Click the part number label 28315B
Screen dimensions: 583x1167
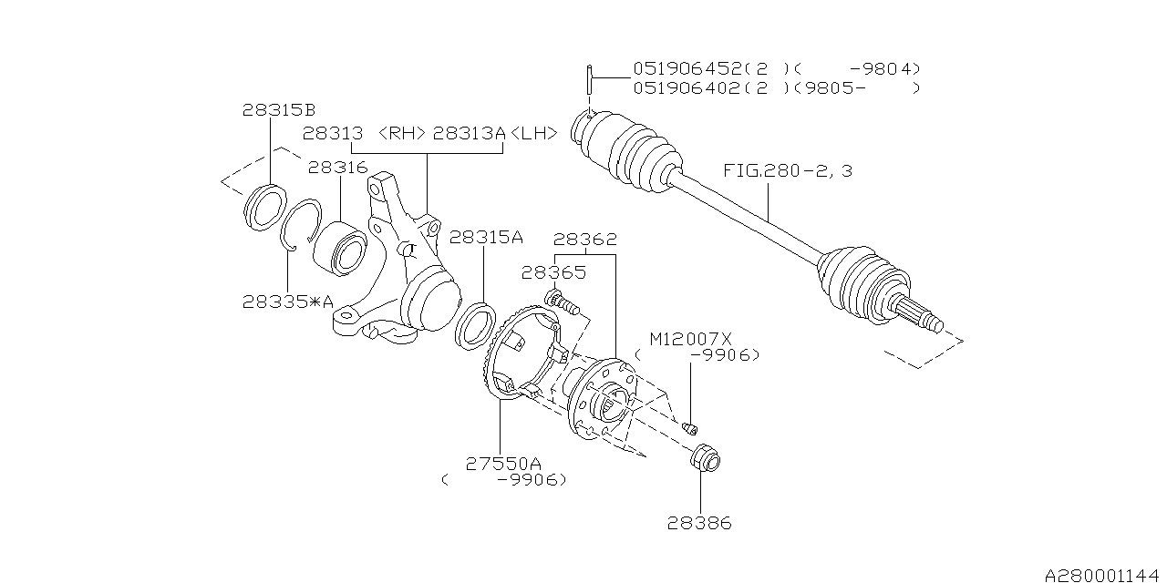tap(278, 110)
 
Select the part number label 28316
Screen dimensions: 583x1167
tap(337, 168)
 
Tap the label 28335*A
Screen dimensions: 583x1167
tap(287, 302)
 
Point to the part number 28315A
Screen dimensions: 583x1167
tap(486, 237)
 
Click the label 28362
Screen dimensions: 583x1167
tap(585, 240)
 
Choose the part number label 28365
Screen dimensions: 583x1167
tap(553, 271)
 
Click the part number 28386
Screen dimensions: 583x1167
tap(699, 523)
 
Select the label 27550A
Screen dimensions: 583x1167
tap(504, 463)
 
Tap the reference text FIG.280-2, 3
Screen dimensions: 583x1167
tap(788, 170)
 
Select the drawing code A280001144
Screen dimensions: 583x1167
tap(1102, 576)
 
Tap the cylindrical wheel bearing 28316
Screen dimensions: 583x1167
tap(339, 247)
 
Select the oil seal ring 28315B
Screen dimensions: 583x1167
tap(265, 207)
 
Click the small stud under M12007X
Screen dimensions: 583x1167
tap(690, 425)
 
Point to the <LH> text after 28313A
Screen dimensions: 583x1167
tap(532, 133)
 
